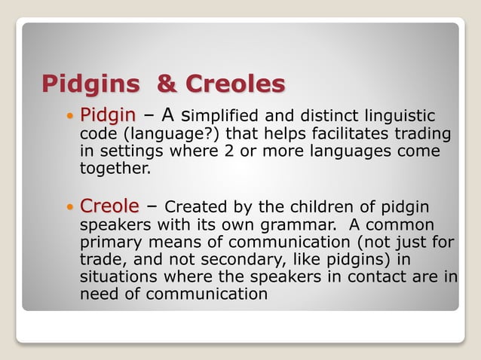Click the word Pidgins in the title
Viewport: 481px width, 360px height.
[x=90, y=83]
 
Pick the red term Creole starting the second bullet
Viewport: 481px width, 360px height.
[x=109, y=206]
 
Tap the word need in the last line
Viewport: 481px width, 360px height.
[x=97, y=294]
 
